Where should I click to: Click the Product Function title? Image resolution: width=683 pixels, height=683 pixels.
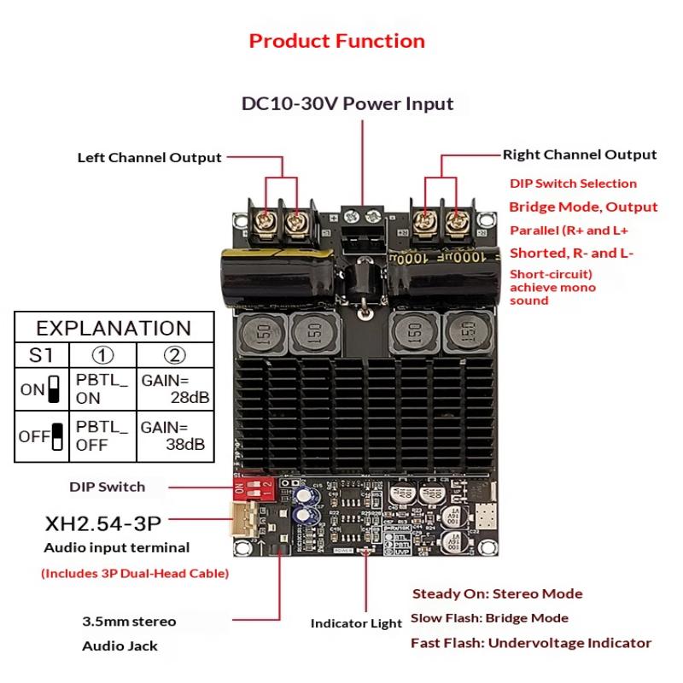pyautogui.click(x=337, y=41)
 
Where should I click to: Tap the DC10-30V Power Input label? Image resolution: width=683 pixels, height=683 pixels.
pyautogui.click(x=347, y=104)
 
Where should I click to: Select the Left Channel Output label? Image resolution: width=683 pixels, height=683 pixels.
pyautogui.click(x=149, y=157)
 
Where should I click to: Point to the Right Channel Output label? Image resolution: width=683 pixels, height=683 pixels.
pyautogui.click(x=580, y=155)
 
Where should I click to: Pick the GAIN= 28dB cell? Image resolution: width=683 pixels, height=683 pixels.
pyautogui.click(x=176, y=388)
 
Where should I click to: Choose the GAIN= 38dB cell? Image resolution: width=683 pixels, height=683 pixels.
pyautogui.click(x=176, y=435)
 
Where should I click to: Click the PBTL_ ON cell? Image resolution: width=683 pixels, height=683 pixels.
pyautogui.click(x=101, y=388)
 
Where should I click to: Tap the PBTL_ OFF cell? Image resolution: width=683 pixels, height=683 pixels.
pyautogui.click(x=101, y=435)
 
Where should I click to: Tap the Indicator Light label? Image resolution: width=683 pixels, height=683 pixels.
pyautogui.click(x=356, y=623)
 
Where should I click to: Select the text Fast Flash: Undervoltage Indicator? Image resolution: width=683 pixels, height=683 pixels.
pyautogui.click(x=531, y=643)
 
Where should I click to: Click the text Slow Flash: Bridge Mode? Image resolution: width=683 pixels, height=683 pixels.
pyautogui.click(x=489, y=618)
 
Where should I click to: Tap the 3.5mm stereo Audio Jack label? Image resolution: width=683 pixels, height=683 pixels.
pyautogui.click(x=128, y=633)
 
